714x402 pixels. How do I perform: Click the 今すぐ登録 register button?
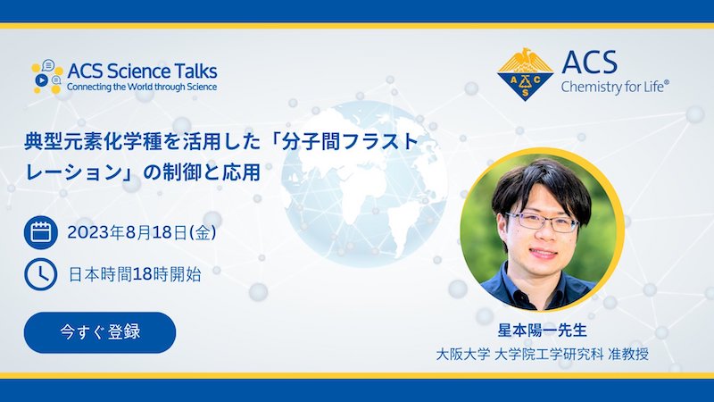[x=100, y=332]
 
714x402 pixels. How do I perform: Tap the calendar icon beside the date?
[x=40, y=232]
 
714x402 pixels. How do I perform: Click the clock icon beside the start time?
[x=40, y=274]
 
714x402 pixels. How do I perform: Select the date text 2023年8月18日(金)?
[x=142, y=232]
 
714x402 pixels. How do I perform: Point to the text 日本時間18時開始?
[x=135, y=274]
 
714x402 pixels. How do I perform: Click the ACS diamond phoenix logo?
[x=525, y=74]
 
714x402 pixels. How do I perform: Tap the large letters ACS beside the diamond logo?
[x=589, y=63]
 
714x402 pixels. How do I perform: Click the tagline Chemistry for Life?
[x=612, y=87]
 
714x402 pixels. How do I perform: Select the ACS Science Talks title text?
[x=142, y=71]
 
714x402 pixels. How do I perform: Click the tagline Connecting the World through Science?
[x=142, y=87]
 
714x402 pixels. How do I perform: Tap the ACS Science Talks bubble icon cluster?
[x=47, y=76]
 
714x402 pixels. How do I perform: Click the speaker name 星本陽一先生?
[x=542, y=330]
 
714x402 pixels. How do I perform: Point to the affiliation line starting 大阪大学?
[x=542, y=354]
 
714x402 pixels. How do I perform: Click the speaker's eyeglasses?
[x=543, y=221]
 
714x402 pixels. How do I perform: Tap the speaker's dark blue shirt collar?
[x=537, y=282]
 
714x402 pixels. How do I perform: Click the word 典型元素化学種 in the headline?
[x=94, y=142]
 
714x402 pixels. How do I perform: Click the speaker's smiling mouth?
[x=544, y=253]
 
